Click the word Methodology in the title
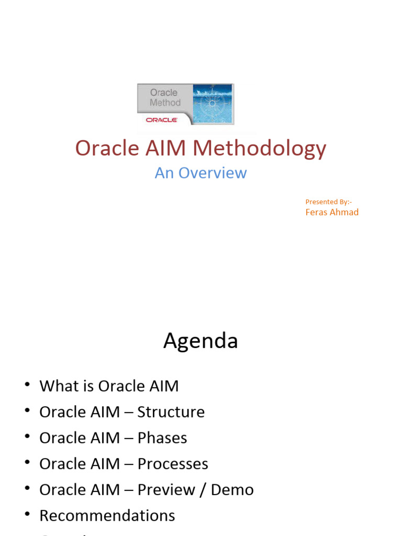pyautogui.click(x=259, y=149)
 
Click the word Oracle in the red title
pyautogui.click(x=106, y=148)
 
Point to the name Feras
pyautogui.click(x=317, y=212)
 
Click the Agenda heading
pyautogui.click(x=200, y=341)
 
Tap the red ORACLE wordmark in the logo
pyautogui.click(x=162, y=120)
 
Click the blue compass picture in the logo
pyautogui.click(x=213, y=104)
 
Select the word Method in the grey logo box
pyautogui.click(x=165, y=103)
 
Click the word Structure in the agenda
pyautogui.click(x=171, y=412)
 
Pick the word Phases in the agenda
pyautogui.click(x=162, y=438)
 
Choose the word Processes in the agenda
pyautogui.click(x=173, y=464)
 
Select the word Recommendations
pyautogui.click(x=107, y=516)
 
